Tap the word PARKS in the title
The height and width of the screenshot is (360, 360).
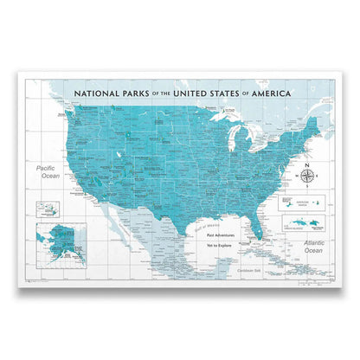[142, 93]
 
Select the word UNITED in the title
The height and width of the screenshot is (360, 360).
[196, 93]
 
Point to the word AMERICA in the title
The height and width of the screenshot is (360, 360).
[267, 93]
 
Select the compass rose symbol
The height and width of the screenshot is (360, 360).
[310, 178]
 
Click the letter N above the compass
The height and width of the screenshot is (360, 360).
[310, 164]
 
